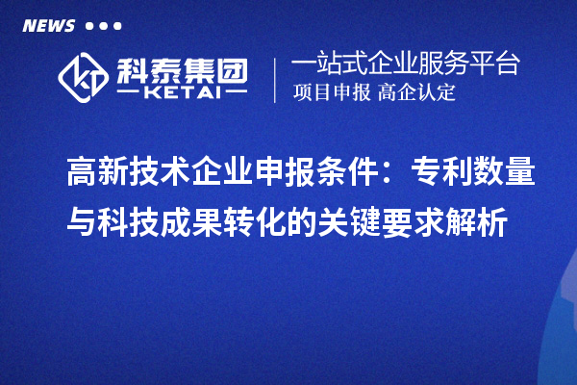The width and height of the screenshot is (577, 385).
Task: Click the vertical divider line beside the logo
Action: pyautogui.click(x=276, y=79)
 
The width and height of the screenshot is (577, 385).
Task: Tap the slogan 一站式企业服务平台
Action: pyautogui.click(x=405, y=66)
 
